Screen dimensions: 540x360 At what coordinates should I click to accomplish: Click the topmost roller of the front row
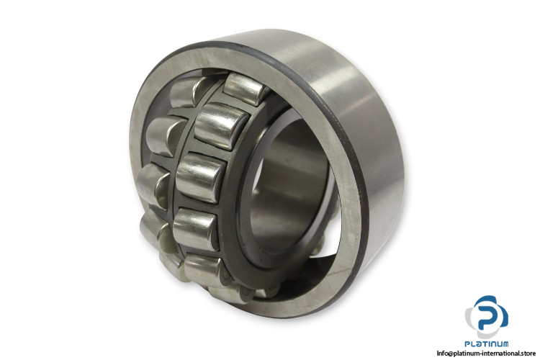[245, 89]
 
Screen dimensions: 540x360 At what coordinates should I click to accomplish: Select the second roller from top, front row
[221, 126]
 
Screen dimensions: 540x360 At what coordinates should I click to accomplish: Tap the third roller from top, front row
[201, 177]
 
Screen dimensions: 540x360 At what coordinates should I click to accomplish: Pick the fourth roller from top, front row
[196, 228]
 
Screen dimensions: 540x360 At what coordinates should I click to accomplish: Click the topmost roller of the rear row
[188, 91]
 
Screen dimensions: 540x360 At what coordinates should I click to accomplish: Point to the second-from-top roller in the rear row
[166, 135]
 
